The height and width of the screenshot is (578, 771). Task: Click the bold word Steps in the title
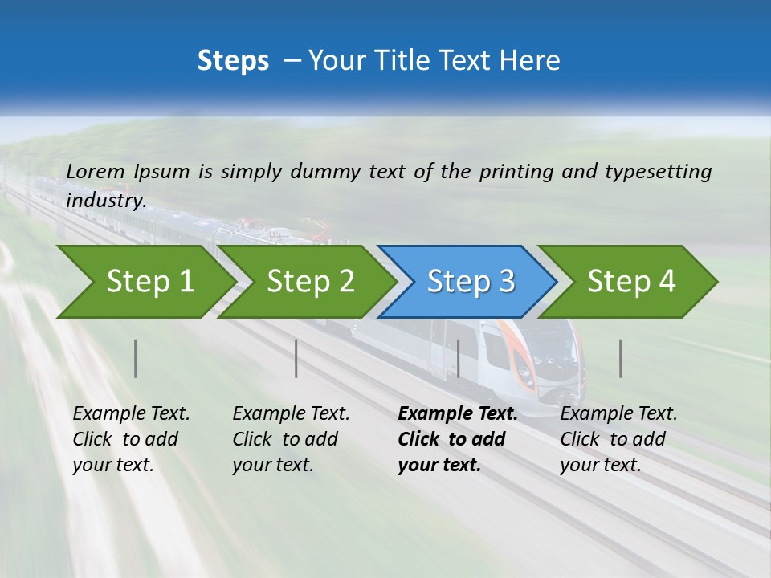[233, 61]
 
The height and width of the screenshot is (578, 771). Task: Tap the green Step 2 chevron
[308, 282]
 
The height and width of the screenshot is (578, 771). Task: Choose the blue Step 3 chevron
[468, 282]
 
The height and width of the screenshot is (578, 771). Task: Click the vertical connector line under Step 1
[136, 358]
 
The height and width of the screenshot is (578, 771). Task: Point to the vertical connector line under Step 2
[296, 358]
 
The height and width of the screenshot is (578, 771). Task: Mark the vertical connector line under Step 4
[621, 358]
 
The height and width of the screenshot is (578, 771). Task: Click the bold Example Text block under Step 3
[457, 439]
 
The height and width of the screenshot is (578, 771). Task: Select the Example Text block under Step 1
[131, 439]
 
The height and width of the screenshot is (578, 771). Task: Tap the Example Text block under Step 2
[291, 439]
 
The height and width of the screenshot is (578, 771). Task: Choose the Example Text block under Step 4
[618, 439]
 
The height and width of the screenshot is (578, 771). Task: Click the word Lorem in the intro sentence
[96, 171]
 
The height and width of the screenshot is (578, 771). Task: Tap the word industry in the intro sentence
[105, 201]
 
